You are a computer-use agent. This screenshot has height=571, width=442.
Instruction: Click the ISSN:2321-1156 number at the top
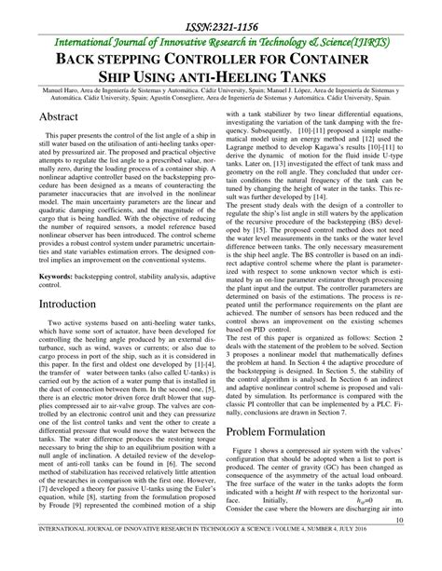[221, 18]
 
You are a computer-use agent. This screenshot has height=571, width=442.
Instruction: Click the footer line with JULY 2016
[221, 561]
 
